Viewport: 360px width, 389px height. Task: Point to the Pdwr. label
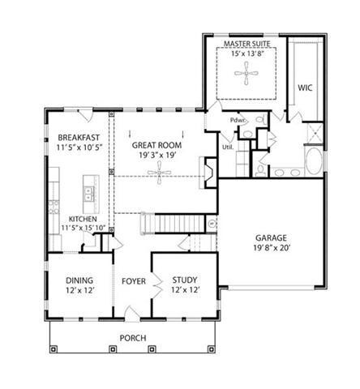pos(238,122)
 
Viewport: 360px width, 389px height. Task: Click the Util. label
pos(228,147)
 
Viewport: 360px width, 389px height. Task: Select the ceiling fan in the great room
pos(165,172)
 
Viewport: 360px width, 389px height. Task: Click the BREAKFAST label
pos(78,138)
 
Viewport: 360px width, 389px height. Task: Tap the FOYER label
pos(133,282)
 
